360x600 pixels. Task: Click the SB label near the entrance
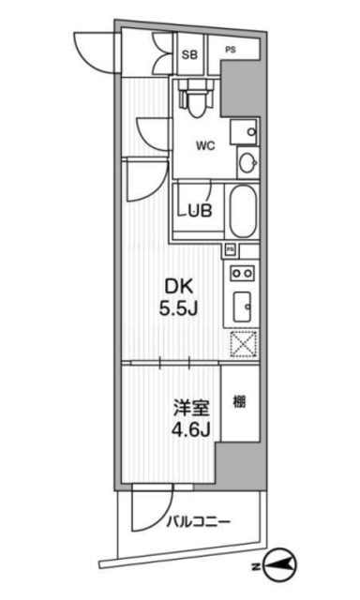coord(187,54)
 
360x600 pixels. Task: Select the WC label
coord(207,145)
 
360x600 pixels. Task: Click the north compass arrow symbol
coord(284,563)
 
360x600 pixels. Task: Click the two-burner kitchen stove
coord(241,274)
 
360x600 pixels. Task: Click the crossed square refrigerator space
coord(242,344)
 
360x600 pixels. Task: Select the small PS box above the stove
coord(231,250)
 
